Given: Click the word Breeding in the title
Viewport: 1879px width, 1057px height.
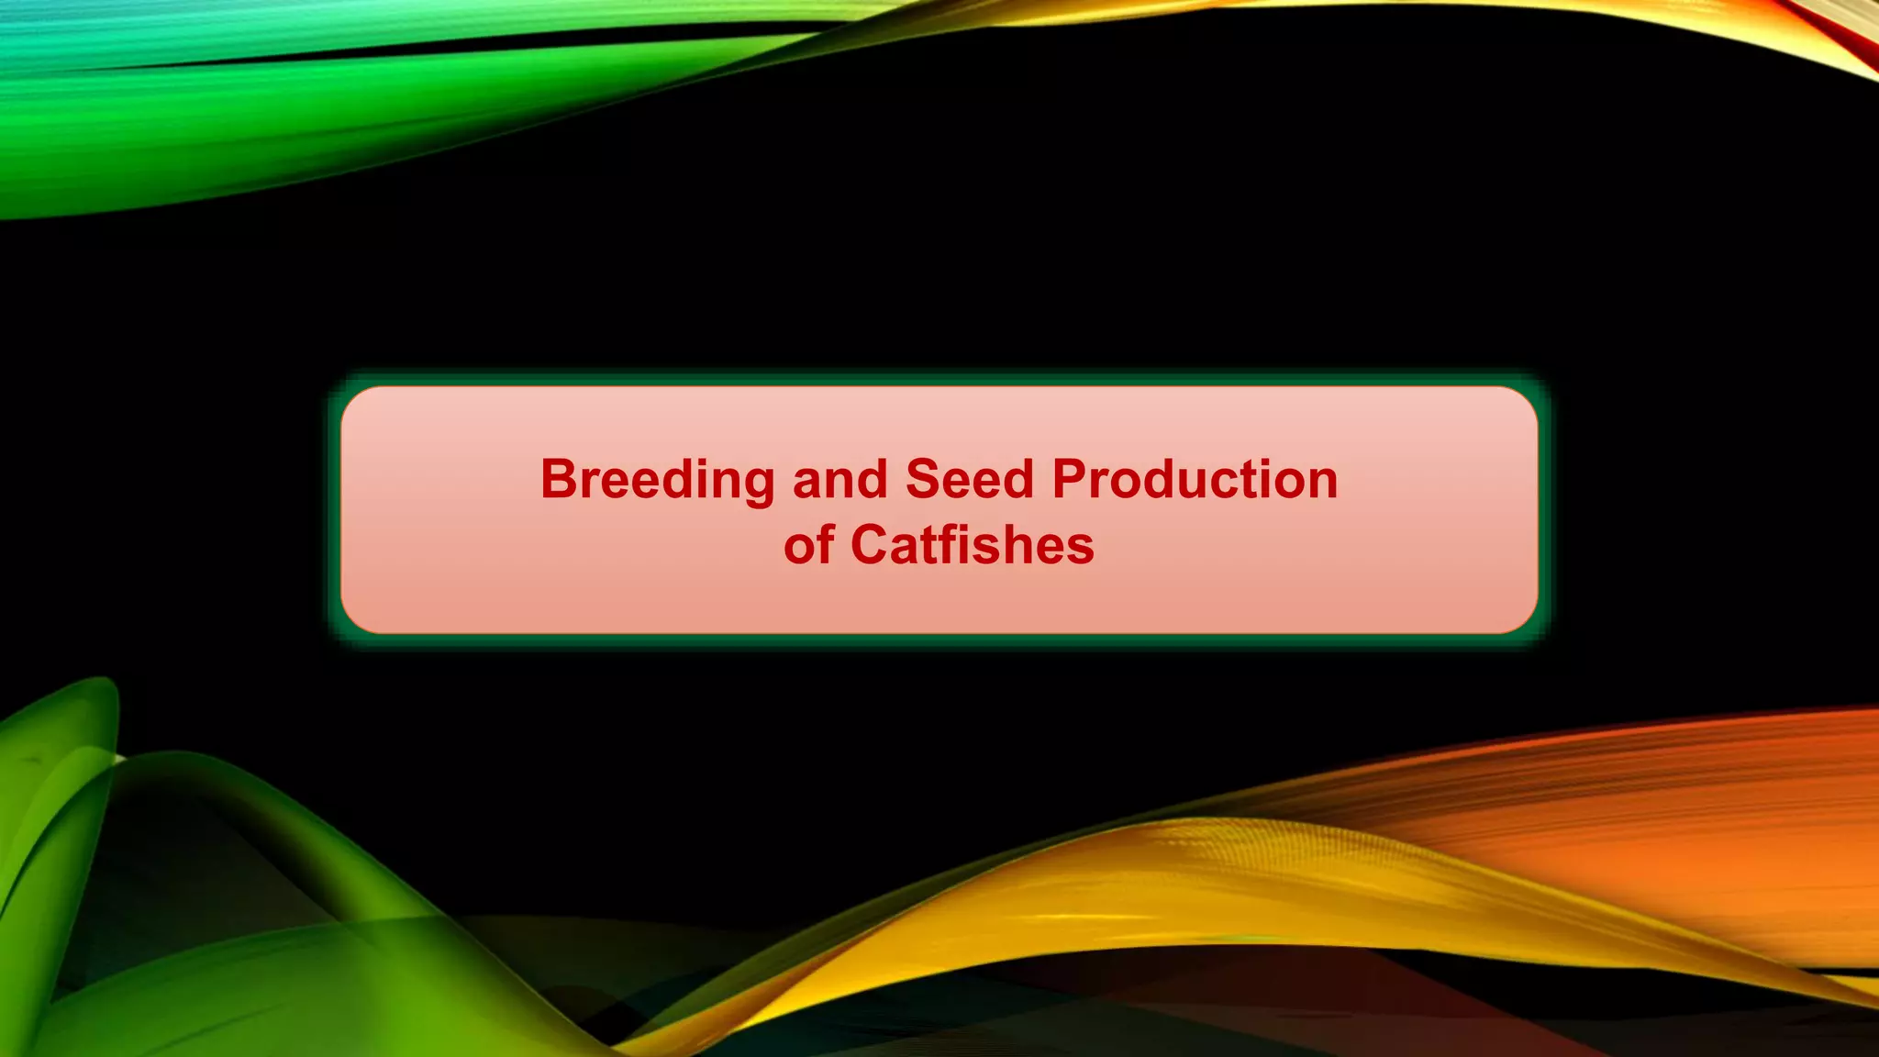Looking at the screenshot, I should pyautogui.click(x=657, y=481).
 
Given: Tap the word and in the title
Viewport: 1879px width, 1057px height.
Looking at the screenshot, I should pyautogui.click(x=839, y=480).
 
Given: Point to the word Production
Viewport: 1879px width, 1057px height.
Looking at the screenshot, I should pyautogui.click(x=1195, y=480).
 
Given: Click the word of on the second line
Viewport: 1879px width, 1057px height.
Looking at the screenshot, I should pyautogui.click(x=808, y=545).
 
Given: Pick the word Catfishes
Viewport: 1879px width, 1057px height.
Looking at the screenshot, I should pyautogui.click(x=973, y=545).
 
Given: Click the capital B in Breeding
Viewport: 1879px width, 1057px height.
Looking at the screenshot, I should pyautogui.click(x=558, y=479).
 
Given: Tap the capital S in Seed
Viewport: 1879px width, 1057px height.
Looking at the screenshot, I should pyautogui.click(x=921, y=479).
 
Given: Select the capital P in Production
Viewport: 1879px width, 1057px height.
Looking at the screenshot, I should pyautogui.click(x=1070, y=479).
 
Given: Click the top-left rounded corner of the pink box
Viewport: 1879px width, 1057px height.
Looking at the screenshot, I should pyautogui.click(x=354, y=400).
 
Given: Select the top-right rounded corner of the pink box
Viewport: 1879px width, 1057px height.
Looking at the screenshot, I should pyautogui.click(x=1525, y=400).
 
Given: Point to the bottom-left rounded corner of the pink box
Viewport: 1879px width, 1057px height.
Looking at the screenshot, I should pyautogui.click(x=354, y=620).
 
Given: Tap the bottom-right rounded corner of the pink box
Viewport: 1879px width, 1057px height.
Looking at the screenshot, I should pyautogui.click(x=1525, y=620).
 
